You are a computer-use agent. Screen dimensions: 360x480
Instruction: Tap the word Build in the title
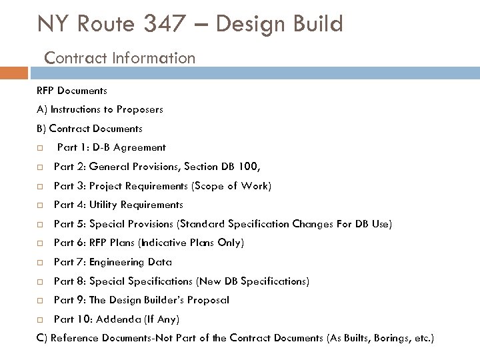point(318,25)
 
